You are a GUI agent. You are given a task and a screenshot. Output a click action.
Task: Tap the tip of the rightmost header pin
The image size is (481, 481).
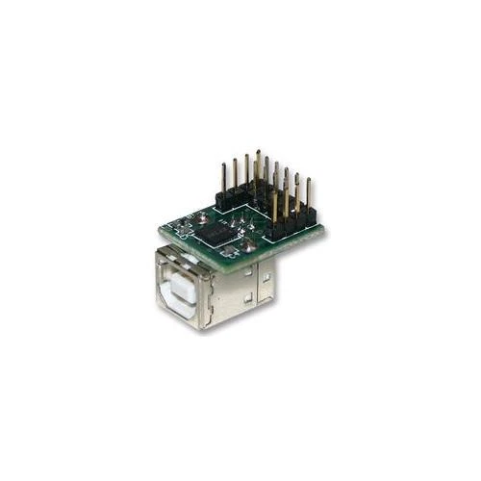coord(308,180)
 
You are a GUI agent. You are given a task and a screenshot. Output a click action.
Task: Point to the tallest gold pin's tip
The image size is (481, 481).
coord(257,151)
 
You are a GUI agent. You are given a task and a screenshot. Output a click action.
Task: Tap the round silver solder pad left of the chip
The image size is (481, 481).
coord(183,225)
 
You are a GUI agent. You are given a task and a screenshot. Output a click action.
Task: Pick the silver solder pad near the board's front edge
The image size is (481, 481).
coord(248,246)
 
